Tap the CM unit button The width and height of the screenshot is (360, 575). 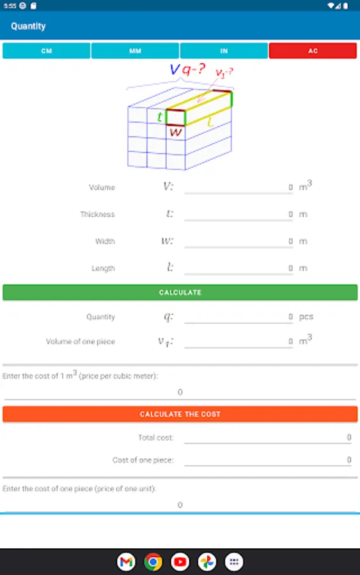coord(47,50)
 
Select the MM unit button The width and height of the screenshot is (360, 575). coord(135,50)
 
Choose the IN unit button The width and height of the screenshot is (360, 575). coord(224,50)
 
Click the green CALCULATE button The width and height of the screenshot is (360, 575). coord(180,292)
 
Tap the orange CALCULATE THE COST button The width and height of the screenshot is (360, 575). coord(180,414)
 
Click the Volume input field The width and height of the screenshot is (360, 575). coord(239,187)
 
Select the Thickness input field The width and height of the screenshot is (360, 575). coord(239,214)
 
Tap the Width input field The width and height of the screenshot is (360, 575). coord(239,241)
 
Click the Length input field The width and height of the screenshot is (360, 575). coord(239,268)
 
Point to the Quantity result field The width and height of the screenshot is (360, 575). coord(239,316)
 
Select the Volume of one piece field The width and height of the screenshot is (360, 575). coord(239,341)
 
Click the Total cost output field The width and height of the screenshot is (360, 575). coord(268,437)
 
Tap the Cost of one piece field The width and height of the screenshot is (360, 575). coord(268,460)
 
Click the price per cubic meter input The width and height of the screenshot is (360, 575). coord(180,392)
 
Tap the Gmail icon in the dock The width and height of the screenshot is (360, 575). coord(126,562)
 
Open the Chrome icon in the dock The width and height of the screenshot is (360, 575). coord(153,562)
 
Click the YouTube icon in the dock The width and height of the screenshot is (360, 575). coord(180,562)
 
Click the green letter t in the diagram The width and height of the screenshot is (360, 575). coord(160,117)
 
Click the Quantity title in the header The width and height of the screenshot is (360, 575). coord(28,26)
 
